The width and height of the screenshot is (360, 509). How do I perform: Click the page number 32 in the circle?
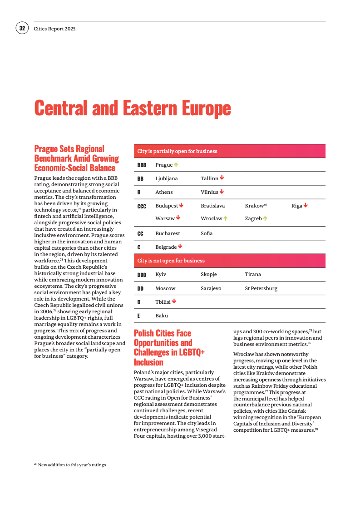tap(22, 28)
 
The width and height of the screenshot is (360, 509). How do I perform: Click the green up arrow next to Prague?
tap(176, 165)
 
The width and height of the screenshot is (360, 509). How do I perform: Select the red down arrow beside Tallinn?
tap(222, 178)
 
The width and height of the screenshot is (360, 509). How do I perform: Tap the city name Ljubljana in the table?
tap(166, 178)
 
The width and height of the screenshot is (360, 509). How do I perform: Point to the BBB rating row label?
tap(142, 165)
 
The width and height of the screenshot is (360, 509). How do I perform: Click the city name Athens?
tap(164, 192)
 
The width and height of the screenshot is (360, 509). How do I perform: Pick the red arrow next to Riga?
tap(306, 205)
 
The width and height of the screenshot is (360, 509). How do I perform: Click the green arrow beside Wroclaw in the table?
tap(225, 218)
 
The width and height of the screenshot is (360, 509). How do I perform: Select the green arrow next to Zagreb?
tap(265, 218)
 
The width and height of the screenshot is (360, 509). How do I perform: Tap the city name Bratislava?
tap(212, 206)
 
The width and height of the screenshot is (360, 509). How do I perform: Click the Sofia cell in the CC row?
tap(207, 233)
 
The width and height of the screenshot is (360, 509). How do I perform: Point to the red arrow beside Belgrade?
tap(180, 247)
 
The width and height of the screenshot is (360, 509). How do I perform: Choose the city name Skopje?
tap(209, 274)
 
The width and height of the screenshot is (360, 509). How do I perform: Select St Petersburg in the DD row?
tap(261, 288)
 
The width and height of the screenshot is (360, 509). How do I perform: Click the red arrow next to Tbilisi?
tap(174, 301)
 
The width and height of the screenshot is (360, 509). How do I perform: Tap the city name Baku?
tap(162, 316)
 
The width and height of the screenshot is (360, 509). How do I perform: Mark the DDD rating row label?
tap(142, 275)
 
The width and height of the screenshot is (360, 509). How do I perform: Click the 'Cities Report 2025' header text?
tap(54, 29)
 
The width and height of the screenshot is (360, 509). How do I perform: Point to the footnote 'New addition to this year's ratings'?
tap(72, 465)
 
